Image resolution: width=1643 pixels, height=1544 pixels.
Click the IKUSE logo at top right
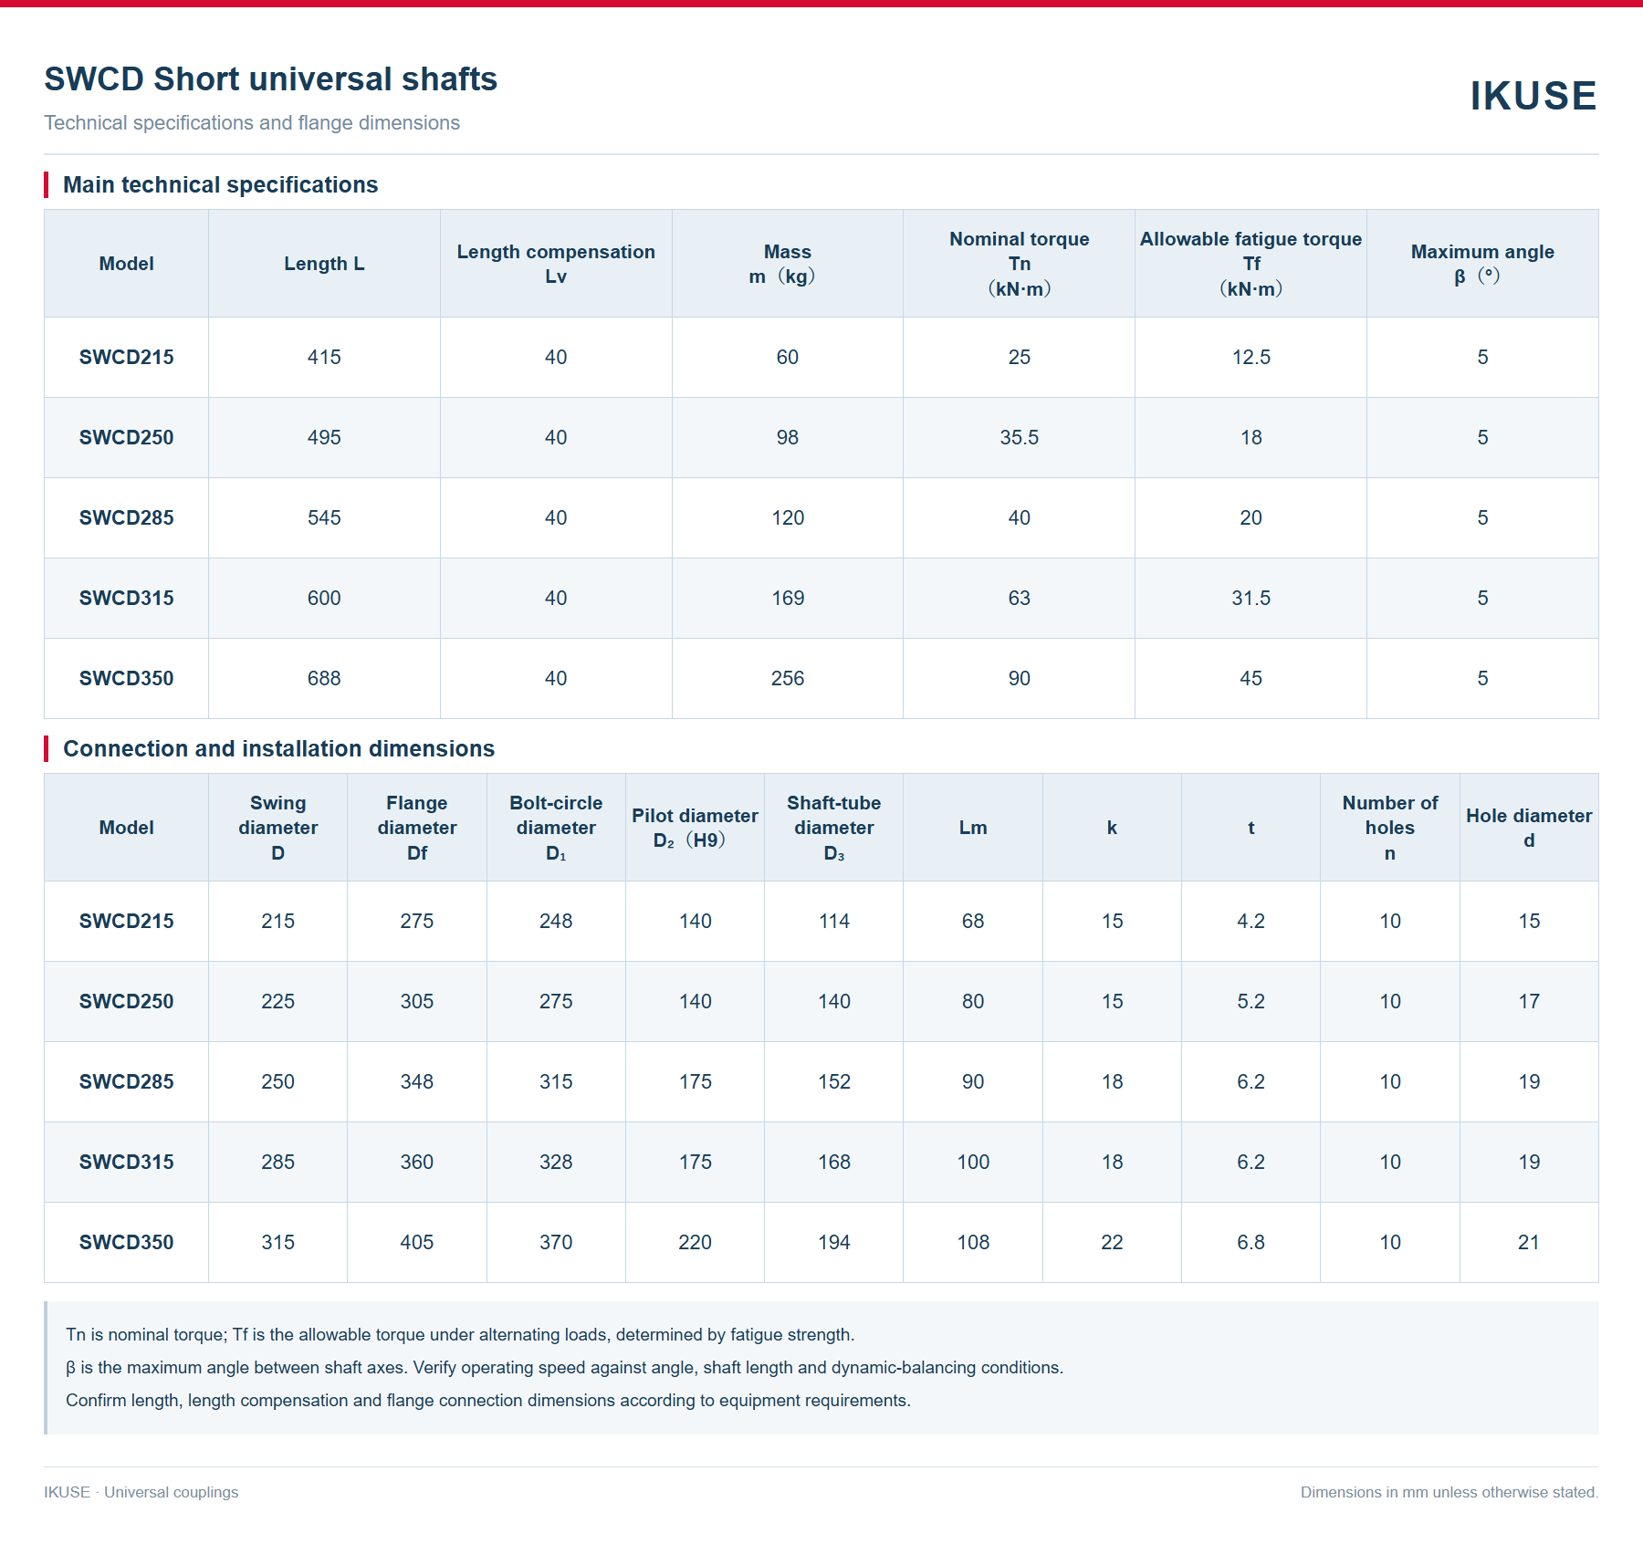point(1533,96)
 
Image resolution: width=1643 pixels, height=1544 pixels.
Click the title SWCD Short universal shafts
point(271,79)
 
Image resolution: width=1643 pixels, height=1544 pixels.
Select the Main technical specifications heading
point(220,185)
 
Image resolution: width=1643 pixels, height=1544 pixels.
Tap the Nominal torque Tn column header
point(1019,264)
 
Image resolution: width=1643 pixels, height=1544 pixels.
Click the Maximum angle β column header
point(1482,264)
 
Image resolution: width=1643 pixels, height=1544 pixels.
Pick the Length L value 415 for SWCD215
point(324,358)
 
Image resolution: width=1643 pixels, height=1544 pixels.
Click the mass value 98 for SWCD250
point(787,438)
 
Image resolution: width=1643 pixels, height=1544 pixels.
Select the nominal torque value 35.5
point(1019,438)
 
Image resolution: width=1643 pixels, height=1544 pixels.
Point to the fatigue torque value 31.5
point(1251,599)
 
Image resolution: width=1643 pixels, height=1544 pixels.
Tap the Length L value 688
point(324,679)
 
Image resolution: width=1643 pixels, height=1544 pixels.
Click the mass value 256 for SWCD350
point(787,679)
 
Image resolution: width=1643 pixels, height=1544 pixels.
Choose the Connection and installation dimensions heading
point(278,749)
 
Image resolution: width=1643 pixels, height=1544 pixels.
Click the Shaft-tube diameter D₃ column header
point(833,828)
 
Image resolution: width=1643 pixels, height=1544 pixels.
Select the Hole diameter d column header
point(1529,828)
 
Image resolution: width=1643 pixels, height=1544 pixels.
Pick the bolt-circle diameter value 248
point(556,922)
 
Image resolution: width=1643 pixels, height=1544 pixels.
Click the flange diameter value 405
point(417,1243)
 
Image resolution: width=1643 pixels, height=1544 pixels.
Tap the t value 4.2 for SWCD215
point(1251,922)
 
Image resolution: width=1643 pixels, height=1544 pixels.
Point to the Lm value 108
point(973,1243)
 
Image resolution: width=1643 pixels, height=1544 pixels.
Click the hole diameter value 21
point(1529,1243)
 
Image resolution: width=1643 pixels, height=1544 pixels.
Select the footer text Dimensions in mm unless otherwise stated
point(1449,1492)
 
